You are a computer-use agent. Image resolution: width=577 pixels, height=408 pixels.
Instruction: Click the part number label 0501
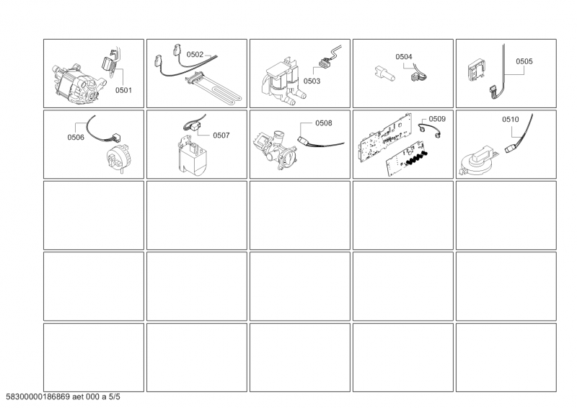tap(123, 90)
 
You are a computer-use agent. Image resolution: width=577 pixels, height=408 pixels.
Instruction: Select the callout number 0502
tap(195, 55)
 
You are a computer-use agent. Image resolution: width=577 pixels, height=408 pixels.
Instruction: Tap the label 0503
tap(312, 81)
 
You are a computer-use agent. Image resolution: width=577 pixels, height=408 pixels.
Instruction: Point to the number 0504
tap(404, 57)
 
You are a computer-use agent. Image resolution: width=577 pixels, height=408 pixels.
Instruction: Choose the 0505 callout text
tap(524, 61)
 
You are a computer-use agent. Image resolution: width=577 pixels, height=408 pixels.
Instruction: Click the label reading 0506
tap(76, 137)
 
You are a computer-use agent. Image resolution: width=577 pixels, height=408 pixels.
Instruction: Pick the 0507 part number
tap(221, 136)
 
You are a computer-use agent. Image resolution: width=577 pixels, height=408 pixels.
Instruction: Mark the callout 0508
tap(323, 123)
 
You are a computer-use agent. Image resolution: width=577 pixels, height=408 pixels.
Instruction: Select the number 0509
tap(437, 119)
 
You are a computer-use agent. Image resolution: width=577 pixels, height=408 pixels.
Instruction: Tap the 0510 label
tap(511, 119)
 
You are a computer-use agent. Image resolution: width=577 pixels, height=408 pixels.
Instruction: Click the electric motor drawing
tap(76, 84)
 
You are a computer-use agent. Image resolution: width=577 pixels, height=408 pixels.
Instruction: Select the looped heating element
tap(214, 87)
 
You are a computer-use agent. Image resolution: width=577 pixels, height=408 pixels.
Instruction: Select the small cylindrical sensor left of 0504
tap(384, 73)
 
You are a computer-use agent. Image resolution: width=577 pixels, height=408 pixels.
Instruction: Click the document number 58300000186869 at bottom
tap(38, 397)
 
